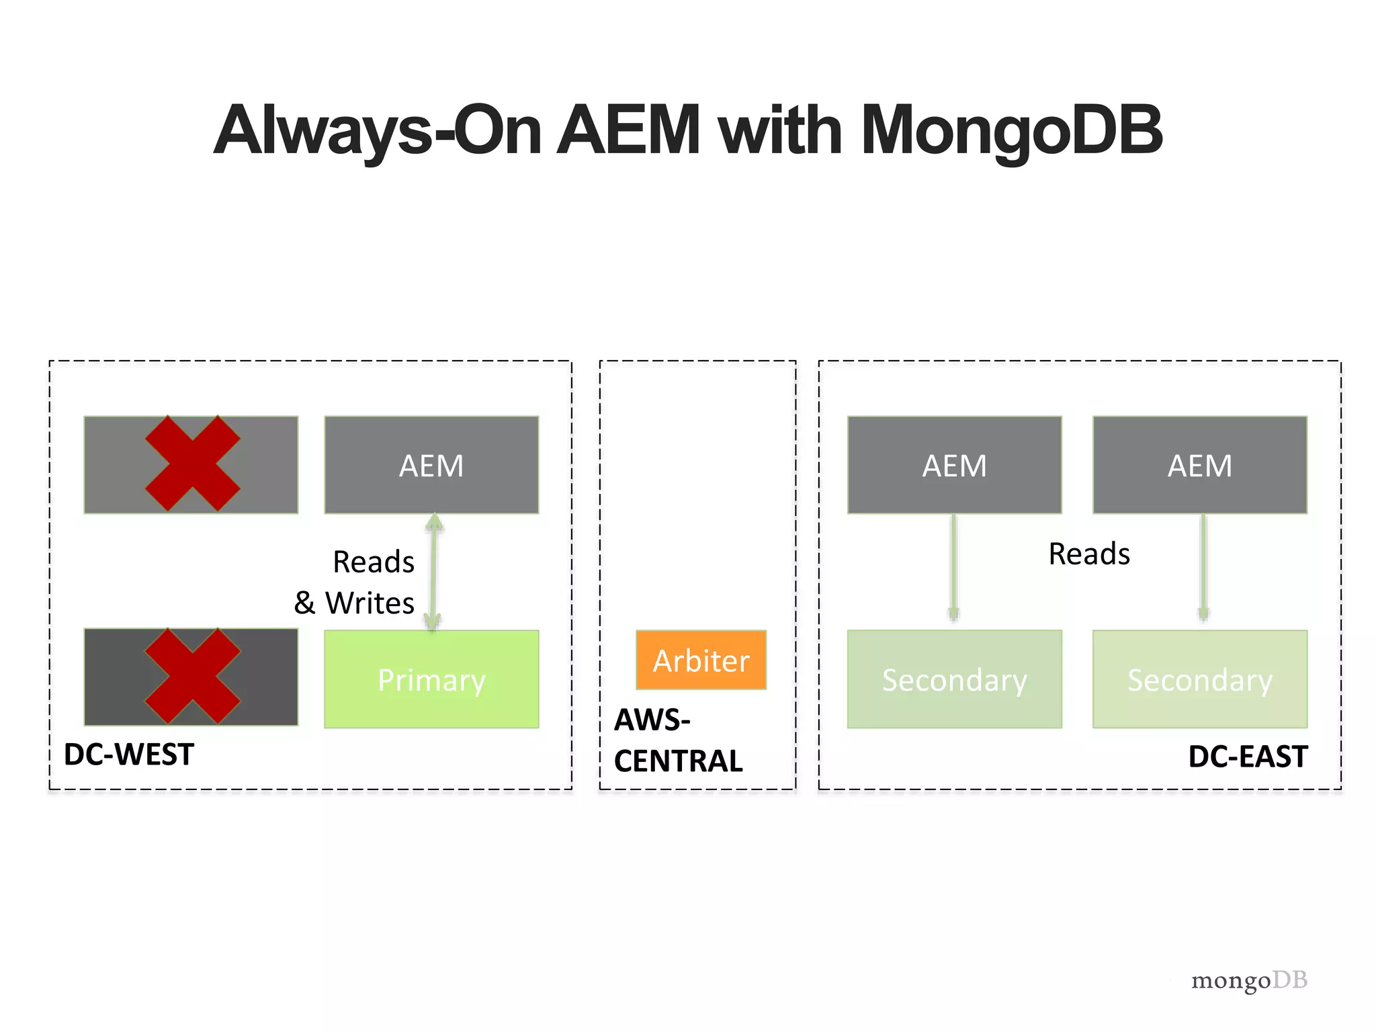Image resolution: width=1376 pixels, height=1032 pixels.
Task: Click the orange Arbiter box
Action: (701, 660)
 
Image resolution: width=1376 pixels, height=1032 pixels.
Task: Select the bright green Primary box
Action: (431, 679)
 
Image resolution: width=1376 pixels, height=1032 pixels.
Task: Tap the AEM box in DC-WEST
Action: (431, 465)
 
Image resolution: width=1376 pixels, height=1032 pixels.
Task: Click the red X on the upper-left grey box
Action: (192, 464)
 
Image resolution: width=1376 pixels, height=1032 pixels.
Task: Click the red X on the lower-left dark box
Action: (192, 676)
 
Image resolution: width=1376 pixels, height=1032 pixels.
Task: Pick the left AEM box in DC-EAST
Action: (954, 465)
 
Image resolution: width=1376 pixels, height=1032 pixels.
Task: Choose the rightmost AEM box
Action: (1199, 465)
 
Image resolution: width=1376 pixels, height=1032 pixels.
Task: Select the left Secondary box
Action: (954, 679)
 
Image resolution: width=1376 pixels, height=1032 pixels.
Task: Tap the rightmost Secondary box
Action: (1199, 679)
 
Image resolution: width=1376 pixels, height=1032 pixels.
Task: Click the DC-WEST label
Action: (129, 755)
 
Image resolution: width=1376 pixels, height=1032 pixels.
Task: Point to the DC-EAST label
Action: (1247, 757)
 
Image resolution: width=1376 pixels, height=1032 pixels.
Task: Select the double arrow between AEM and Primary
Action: (433, 571)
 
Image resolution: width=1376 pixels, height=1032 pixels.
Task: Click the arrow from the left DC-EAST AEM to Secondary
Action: (953, 568)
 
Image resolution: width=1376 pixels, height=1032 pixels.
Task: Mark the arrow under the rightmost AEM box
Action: (1203, 568)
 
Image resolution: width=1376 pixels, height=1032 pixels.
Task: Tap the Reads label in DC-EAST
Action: (1088, 554)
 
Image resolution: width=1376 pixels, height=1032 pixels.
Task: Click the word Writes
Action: (370, 603)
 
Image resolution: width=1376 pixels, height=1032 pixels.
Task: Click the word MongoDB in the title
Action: (1011, 130)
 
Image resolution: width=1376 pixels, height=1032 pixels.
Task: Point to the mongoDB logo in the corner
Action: (1248, 980)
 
